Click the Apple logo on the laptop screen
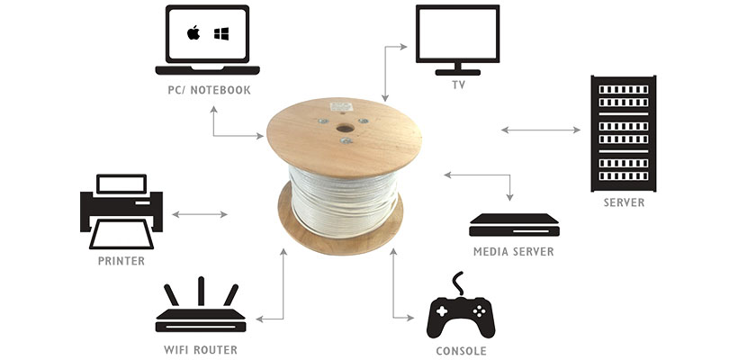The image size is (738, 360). [x=193, y=33]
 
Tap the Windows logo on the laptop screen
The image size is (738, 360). [x=221, y=33]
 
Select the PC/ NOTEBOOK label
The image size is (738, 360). [x=209, y=90]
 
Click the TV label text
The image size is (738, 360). [x=458, y=85]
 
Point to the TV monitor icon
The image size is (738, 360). [x=457, y=40]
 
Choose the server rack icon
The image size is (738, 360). [x=623, y=133]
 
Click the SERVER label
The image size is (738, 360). [x=624, y=202]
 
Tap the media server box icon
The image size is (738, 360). [x=515, y=225]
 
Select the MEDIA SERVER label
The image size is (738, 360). [x=514, y=252]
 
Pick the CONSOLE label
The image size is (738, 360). [x=461, y=351]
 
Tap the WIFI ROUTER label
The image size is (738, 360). [x=201, y=349]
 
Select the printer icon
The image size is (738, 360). [x=121, y=211]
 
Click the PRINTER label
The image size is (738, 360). [x=121, y=261]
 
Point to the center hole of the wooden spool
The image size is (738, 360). [x=345, y=128]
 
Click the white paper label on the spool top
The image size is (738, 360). [x=341, y=107]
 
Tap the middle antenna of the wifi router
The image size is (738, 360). [x=201, y=292]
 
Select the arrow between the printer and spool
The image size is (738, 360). [x=200, y=214]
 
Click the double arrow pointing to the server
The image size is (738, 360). [x=541, y=130]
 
